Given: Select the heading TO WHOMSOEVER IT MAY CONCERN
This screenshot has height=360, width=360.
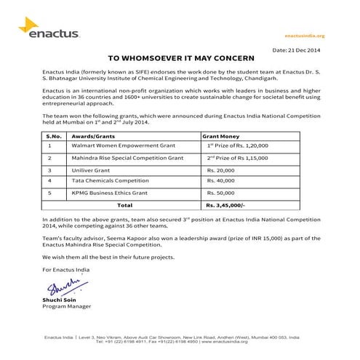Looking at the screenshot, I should coord(180,58).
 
